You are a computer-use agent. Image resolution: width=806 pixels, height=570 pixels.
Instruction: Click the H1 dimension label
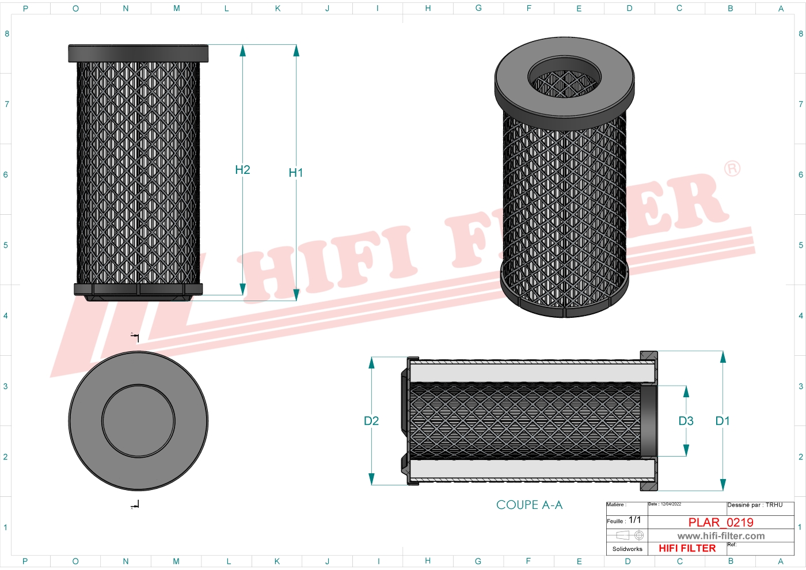295,173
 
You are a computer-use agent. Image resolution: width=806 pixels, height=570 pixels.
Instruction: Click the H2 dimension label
242,170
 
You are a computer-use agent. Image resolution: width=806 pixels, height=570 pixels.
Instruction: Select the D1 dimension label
723,421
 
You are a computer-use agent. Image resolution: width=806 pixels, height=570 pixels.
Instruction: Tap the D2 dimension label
371,421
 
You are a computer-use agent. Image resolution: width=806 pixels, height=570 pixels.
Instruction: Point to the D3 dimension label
686,421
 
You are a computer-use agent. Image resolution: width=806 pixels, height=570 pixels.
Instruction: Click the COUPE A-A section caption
529,505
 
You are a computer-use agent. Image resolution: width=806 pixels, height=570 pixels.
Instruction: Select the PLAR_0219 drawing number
721,522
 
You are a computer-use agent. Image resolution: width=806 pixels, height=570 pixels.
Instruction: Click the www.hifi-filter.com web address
721,536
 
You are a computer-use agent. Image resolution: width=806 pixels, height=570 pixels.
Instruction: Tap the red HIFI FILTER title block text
687,549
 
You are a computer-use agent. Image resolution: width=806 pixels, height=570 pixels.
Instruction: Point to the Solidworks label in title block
627,549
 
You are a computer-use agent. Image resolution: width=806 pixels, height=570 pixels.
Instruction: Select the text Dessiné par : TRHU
755,505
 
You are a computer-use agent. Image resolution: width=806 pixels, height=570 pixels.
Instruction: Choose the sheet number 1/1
634,520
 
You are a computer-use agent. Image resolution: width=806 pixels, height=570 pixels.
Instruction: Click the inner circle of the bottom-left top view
138,421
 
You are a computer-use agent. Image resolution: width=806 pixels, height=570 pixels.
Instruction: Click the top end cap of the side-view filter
138,54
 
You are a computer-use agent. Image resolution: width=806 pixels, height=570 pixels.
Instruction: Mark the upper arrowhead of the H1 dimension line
296,51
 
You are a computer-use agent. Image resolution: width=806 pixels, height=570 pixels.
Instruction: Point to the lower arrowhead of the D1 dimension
723,484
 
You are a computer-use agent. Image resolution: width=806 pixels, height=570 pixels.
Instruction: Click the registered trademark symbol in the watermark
732,169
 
